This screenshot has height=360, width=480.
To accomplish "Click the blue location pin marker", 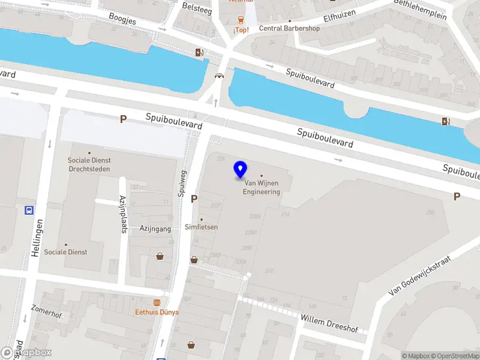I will [x=241, y=170].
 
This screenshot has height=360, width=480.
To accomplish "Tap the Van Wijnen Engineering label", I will [x=261, y=188].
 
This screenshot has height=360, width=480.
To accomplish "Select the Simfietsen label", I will [x=201, y=227].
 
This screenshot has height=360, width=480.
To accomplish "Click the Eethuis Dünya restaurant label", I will [x=157, y=312].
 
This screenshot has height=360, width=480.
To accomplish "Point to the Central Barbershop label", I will [x=289, y=28].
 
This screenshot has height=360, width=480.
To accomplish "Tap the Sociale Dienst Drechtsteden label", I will [x=89, y=164].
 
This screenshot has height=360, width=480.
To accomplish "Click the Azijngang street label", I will [x=155, y=229].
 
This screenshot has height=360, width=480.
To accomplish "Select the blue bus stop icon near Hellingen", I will [x=28, y=210].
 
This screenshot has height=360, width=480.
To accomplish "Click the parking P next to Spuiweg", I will [x=194, y=199].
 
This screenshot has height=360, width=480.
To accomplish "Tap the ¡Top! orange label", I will [x=241, y=29].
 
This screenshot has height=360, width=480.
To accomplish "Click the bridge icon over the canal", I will [x=220, y=76].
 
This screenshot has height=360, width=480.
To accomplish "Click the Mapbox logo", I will [x=26, y=353].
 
